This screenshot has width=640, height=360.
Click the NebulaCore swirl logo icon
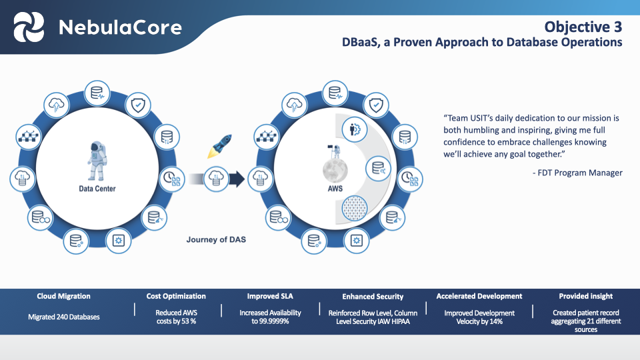(29, 27)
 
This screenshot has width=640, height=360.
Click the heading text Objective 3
(583, 27)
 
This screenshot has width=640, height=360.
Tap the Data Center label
(97, 189)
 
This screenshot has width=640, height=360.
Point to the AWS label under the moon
(335, 189)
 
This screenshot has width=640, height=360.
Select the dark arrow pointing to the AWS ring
(236, 178)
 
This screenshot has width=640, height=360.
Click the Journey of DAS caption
(215, 239)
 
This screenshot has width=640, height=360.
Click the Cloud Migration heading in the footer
(64, 296)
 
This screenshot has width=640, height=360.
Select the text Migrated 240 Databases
(64, 317)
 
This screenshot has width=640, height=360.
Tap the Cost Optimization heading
(176, 296)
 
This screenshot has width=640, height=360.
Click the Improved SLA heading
(270, 296)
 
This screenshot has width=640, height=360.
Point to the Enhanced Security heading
(373, 297)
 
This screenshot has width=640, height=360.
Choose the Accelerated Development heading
(479, 296)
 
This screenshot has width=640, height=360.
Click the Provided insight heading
(585, 296)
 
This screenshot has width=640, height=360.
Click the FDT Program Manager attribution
(577, 173)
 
